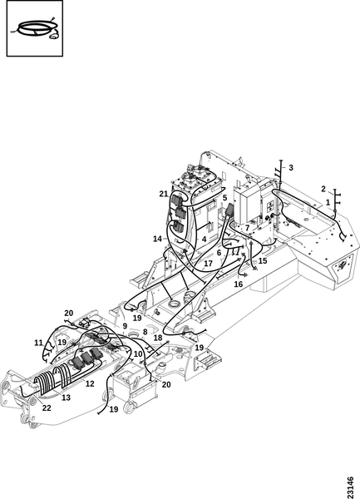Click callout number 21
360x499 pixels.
[x=164, y=194]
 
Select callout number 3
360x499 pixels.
[x=291, y=167]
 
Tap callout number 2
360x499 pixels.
[x=323, y=189]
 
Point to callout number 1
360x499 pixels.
[x=328, y=202]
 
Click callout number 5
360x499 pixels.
[x=224, y=198]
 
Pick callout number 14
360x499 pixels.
[x=157, y=239]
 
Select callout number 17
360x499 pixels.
[x=208, y=264]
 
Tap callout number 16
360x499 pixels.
[x=238, y=284]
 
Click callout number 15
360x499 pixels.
[x=263, y=260]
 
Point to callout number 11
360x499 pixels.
[x=38, y=343]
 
